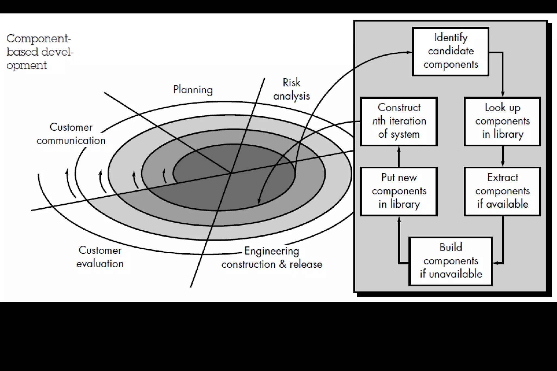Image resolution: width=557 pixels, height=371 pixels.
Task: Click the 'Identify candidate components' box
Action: coord(450,51)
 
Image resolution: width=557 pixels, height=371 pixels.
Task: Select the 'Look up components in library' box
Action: coord(502,121)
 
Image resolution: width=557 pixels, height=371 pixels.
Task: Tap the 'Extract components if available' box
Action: coord(502,191)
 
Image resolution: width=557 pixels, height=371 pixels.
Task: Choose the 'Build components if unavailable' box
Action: coord(450,261)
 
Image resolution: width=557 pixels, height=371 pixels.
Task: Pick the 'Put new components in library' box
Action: coord(399,191)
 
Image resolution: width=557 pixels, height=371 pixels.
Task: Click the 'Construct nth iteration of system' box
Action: coord(399,121)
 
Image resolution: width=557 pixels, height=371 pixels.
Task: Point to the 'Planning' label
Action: coord(193,90)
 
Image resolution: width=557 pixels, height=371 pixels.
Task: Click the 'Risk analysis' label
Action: coord(291,89)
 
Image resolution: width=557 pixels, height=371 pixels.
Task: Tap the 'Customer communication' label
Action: coord(71,134)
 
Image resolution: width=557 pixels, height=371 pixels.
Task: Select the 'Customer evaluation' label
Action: coord(100,257)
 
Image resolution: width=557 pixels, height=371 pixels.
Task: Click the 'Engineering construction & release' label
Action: coord(272,257)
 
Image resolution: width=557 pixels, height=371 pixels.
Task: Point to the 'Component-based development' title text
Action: coord(40,52)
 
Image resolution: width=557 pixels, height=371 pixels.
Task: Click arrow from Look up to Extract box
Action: coord(502,157)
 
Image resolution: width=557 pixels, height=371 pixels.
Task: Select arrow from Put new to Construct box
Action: coord(399,157)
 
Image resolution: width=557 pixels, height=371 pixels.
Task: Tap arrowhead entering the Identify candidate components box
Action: coord(409,52)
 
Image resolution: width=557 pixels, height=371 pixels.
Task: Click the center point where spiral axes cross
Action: coord(231,173)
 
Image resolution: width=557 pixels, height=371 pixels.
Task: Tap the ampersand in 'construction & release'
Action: coord(283,264)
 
